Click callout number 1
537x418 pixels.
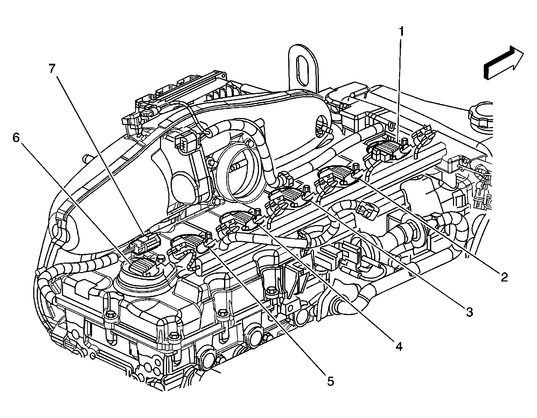coord(401,32)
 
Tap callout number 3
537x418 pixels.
coord(469,311)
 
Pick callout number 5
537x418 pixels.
coord(330,381)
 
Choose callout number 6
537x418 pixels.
coord(16,138)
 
